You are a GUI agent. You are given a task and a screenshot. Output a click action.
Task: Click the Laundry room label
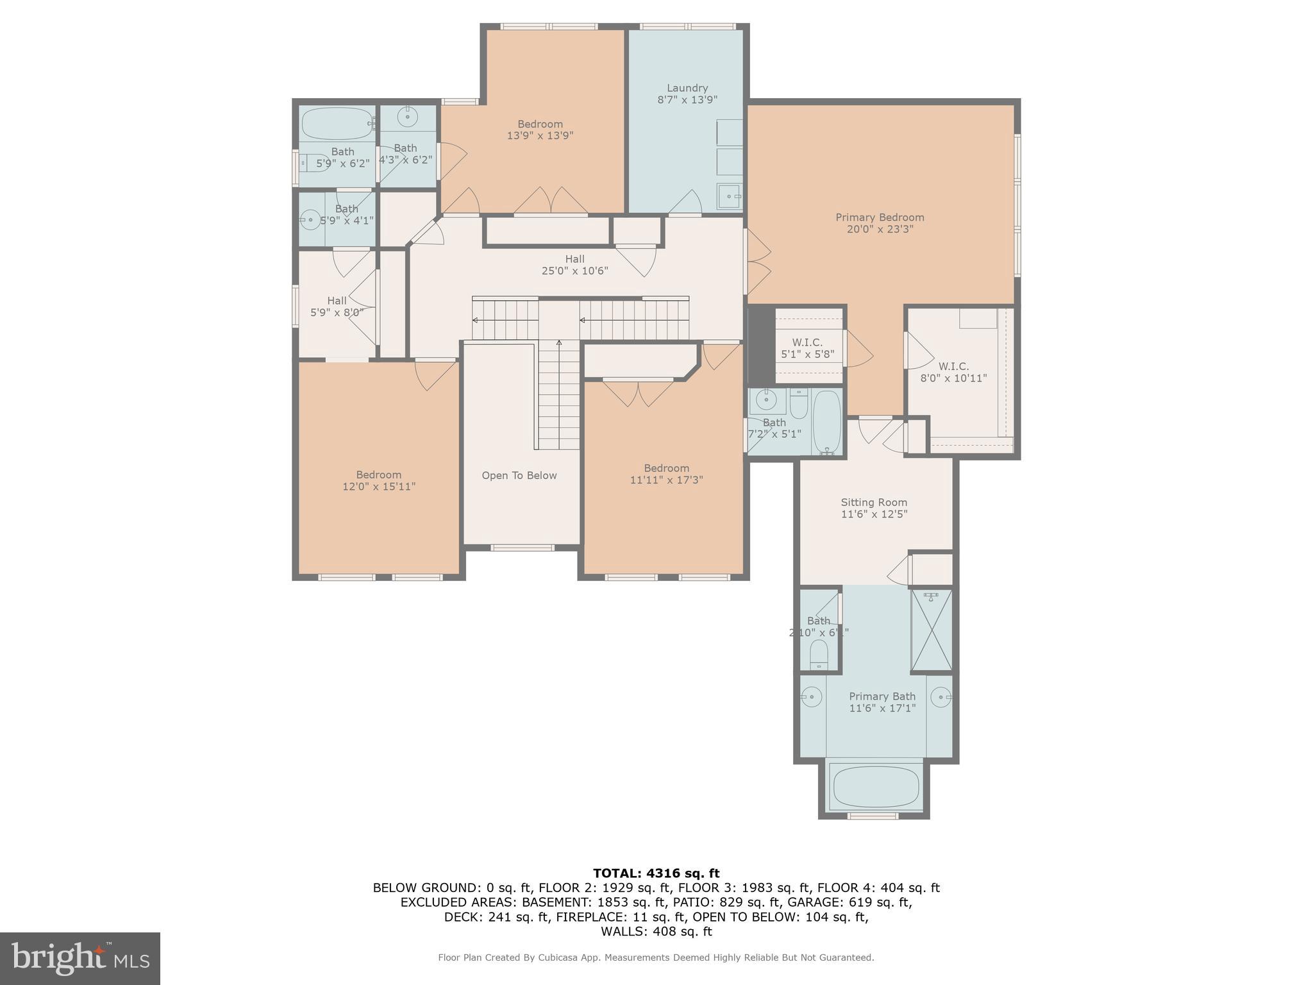(x=687, y=88)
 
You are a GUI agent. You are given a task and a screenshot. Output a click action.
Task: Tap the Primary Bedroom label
(x=880, y=217)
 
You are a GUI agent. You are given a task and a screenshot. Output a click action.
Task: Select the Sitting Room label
(x=874, y=502)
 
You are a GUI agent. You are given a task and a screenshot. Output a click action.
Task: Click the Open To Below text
(x=519, y=475)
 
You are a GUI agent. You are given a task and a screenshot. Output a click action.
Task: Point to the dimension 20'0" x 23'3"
(x=880, y=229)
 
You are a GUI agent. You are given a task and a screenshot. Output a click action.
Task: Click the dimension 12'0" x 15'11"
(x=379, y=487)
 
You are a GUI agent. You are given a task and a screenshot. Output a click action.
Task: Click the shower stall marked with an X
(x=932, y=630)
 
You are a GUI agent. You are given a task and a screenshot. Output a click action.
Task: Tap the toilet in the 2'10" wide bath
(x=819, y=654)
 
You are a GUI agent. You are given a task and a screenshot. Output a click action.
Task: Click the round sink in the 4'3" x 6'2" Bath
(x=408, y=117)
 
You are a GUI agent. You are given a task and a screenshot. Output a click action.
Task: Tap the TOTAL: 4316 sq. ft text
(x=656, y=873)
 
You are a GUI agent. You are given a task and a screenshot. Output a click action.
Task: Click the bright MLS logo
(x=80, y=958)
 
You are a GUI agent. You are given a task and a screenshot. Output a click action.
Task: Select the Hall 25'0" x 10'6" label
(x=574, y=264)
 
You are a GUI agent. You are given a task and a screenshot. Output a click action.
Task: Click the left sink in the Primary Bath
(x=812, y=696)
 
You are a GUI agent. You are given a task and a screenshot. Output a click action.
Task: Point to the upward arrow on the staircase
(x=559, y=344)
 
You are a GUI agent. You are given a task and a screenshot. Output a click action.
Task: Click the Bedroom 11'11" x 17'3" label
(x=666, y=474)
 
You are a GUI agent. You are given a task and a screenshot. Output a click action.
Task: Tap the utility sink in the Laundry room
(x=729, y=196)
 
